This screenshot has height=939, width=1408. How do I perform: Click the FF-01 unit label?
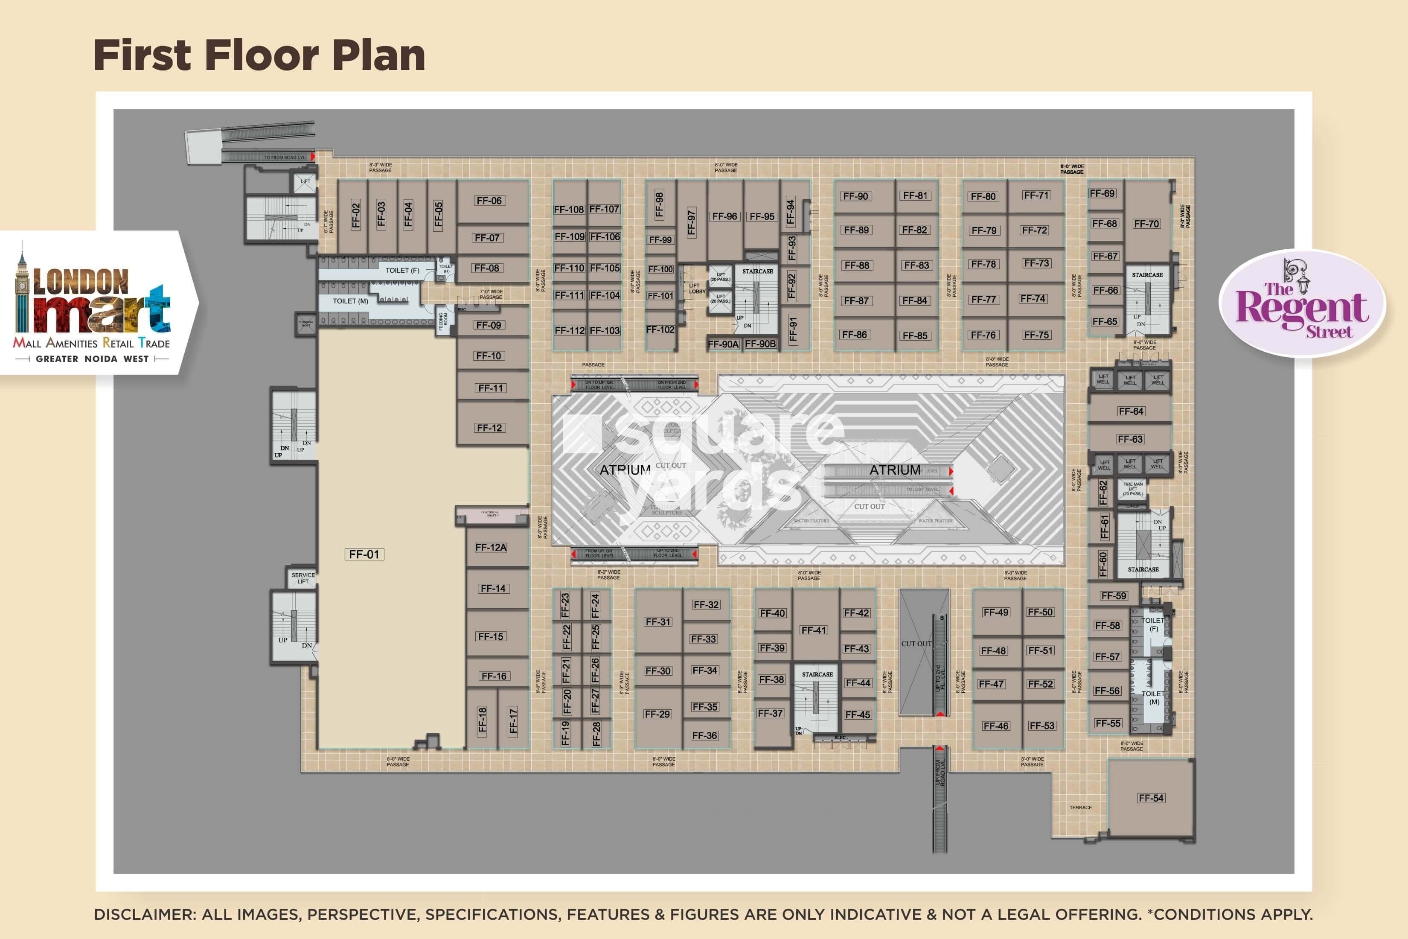coord(364,554)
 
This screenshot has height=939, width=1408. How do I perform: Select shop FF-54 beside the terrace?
coord(1151,798)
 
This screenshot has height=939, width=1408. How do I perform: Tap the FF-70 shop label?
coord(1146,223)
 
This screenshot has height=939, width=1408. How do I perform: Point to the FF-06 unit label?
coord(489,201)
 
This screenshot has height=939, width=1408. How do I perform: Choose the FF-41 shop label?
coord(814,630)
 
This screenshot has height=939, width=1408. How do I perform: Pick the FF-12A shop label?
coord(490,547)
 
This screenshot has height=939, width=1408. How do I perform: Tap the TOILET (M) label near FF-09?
coord(350,301)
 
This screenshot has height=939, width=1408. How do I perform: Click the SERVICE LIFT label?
coord(303,578)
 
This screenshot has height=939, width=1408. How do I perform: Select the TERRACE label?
coord(1081,807)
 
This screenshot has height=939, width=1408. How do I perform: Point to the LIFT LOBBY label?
coord(697,289)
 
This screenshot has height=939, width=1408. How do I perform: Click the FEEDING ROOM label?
coord(443,321)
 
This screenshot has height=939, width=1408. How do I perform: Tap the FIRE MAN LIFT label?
coord(1133,489)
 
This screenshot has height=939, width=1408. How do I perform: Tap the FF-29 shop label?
coord(657,714)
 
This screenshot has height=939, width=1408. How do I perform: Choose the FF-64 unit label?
coord(1131,411)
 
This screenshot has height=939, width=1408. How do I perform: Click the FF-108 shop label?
coord(569,210)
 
